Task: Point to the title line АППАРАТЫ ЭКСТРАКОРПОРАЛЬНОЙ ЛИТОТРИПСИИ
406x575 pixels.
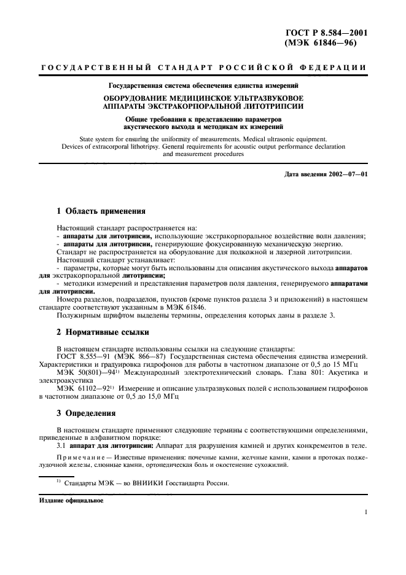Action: pos(201,106)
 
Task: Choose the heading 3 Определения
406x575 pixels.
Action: pos(86,413)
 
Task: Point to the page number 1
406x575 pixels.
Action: pos(365,512)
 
